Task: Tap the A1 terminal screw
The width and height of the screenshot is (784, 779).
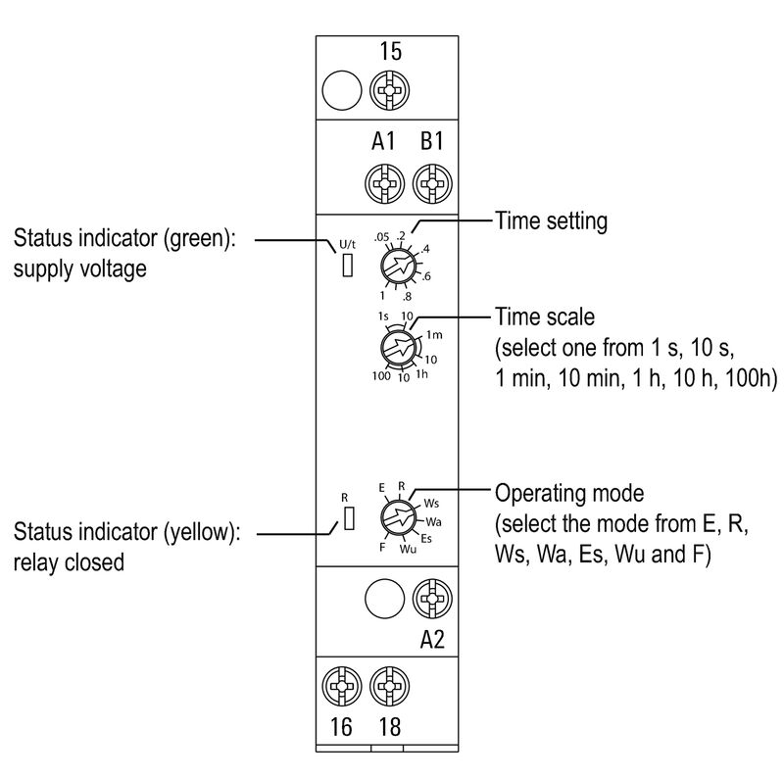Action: [382, 182]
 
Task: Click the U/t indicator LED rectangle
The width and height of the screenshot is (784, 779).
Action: [347, 266]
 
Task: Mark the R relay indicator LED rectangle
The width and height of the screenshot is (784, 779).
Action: [347, 518]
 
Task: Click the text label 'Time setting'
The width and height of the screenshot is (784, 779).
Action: [551, 221]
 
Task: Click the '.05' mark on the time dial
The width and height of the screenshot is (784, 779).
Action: [381, 237]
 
